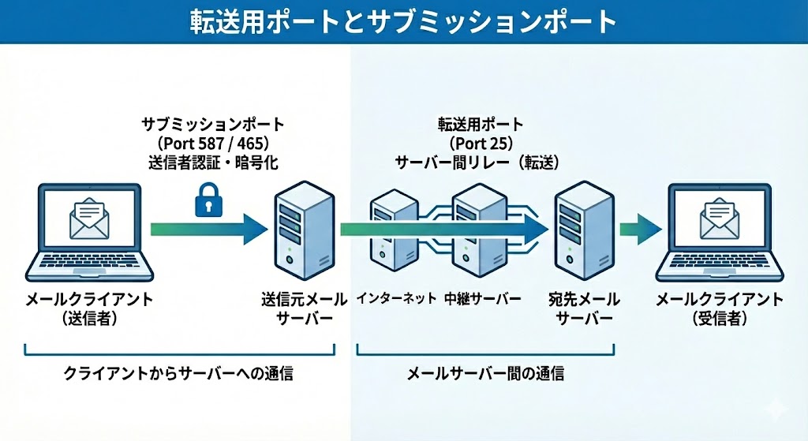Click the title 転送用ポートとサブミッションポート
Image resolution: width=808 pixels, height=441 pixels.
pyautogui.click(x=403, y=21)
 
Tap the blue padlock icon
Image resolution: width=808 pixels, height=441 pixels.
pyautogui.click(x=206, y=199)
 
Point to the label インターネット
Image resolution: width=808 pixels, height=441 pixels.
pyautogui.click(x=396, y=299)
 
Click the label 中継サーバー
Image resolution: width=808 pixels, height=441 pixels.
pyautogui.click(x=482, y=299)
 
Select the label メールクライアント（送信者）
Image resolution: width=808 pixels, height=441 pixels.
pyautogui.click(x=89, y=309)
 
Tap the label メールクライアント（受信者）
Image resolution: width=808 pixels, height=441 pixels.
pyautogui.click(x=720, y=309)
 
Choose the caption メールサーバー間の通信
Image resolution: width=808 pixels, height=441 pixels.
pyautogui.click(x=484, y=374)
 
